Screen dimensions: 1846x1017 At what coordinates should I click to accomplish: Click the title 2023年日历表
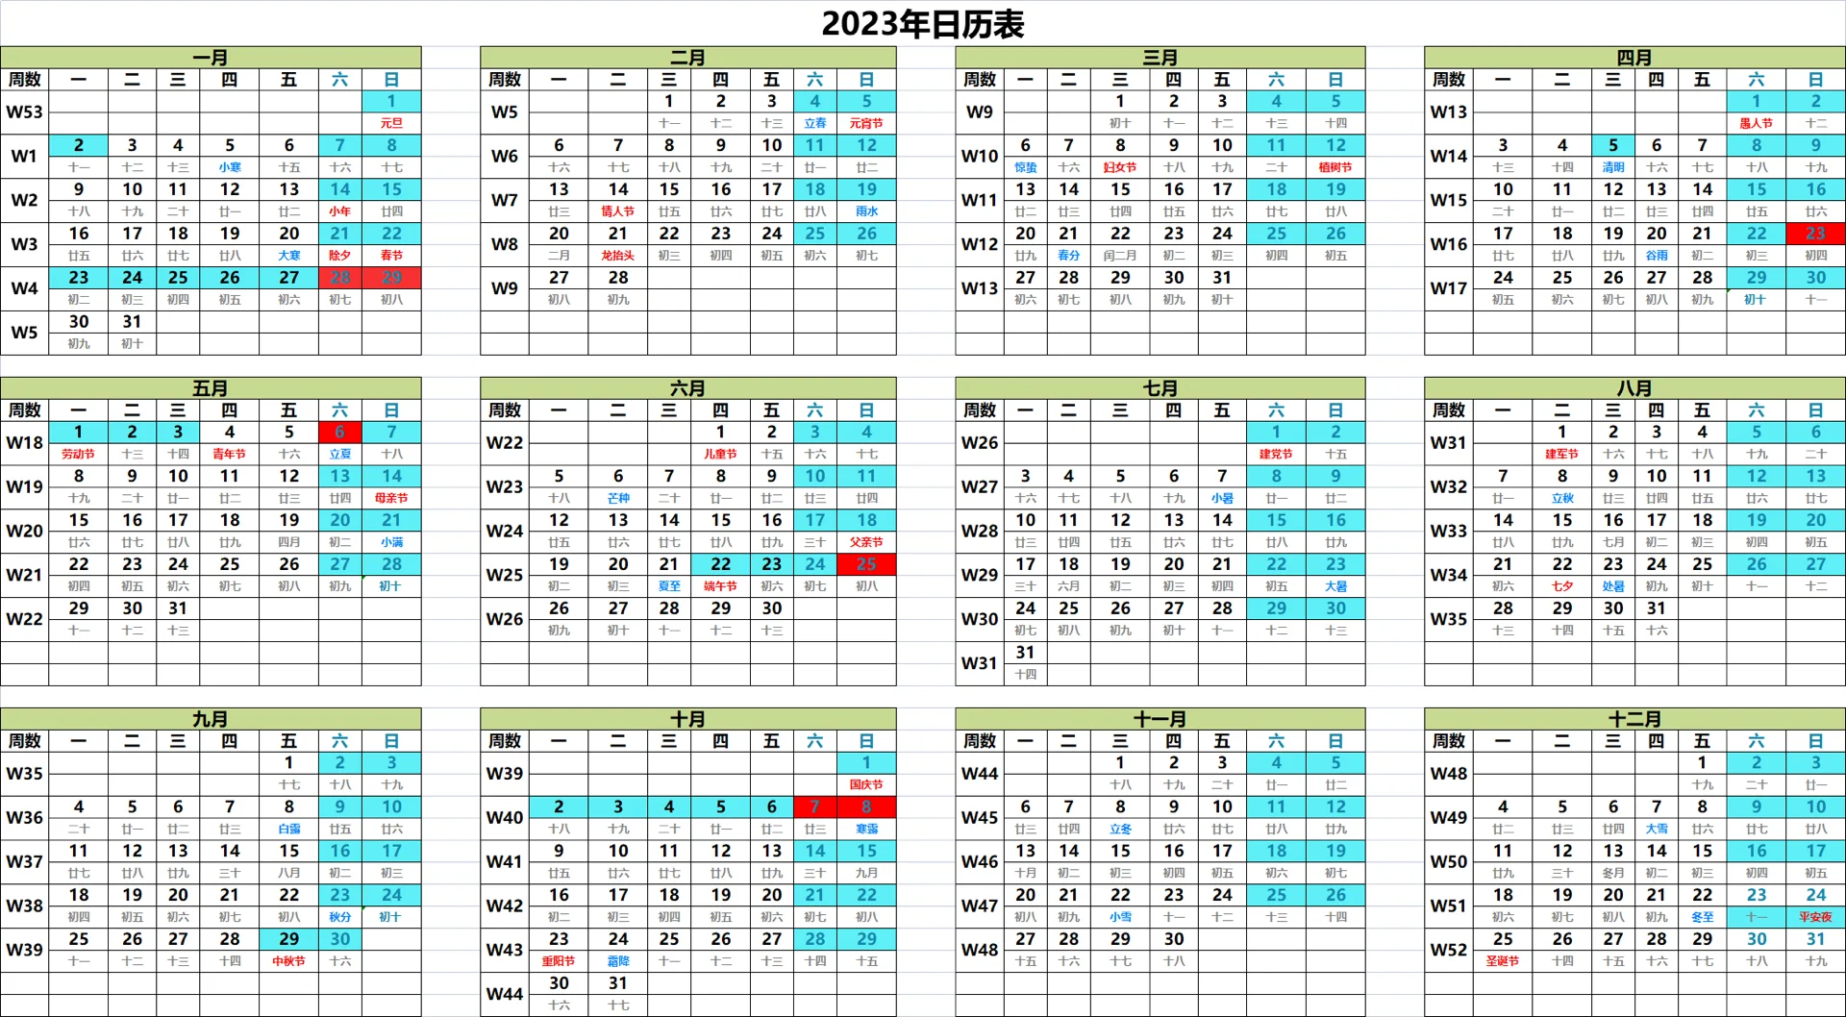[922, 24]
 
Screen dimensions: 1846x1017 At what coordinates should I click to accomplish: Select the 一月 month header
[210, 58]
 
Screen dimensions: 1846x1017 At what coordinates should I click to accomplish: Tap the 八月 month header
[1634, 388]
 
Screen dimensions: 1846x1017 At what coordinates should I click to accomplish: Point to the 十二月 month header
[1634, 719]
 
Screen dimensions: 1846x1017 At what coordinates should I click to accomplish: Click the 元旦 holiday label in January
[391, 123]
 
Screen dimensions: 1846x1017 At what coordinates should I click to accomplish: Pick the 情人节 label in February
[617, 211]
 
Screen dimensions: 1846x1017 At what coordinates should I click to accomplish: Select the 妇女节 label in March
[1120, 167]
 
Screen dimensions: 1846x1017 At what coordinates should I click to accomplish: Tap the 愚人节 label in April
[1756, 123]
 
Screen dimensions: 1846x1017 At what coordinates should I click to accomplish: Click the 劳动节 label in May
[79, 454]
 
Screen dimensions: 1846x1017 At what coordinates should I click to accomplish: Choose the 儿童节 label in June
[720, 454]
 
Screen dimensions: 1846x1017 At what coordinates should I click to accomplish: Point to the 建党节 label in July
[1276, 454]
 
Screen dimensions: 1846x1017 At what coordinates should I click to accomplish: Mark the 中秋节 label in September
[288, 961]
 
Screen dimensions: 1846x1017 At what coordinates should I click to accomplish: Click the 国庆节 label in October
[866, 784]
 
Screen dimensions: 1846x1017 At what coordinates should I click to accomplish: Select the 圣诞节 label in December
[1503, 961]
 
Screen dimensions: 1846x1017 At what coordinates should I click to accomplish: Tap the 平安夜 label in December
[1815, 917]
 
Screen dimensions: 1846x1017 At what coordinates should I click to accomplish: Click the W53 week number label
[24, 112]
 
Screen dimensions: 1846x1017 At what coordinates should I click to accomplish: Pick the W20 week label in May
[24, 531]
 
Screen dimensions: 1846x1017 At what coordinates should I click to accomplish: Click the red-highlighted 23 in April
[1815, 233]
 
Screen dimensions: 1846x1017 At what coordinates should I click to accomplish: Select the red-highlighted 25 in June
[866, 564]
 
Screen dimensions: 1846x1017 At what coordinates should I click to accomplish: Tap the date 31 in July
[1026, 653]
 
